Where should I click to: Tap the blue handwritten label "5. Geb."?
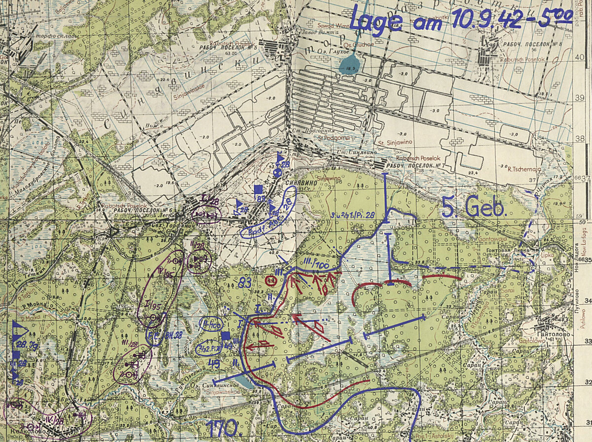[x=474, y=207]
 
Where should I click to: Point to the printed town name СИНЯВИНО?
[x=296, y=182]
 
